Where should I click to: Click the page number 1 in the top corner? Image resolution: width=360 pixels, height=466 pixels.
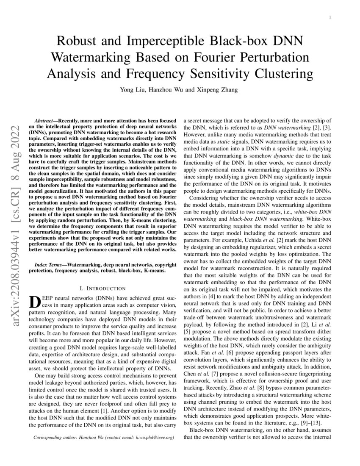(330, 17)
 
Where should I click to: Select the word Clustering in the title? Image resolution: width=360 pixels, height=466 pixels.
(283, 74)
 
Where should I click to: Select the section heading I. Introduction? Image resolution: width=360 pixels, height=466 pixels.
(104, 288)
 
